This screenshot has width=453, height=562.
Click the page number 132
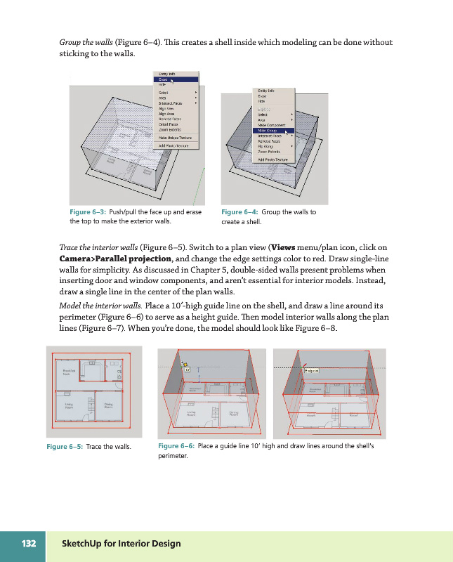(x=29, y=544)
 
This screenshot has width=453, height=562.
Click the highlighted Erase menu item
(x=164, y=79)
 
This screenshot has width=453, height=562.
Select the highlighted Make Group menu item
(x=268, y=130)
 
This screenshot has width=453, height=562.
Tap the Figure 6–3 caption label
(x=88, y=211)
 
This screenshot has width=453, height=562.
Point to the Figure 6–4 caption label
(x=239, y=211)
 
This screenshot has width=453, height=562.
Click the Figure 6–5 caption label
(x=65, y=447)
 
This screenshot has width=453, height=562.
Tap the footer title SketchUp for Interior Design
(x=122, y=544)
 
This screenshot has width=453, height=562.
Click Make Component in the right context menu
(x=273, y=124)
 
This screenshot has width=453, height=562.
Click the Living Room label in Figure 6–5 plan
(x=70, y=406)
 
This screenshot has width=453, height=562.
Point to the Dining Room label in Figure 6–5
(x=110, y=406)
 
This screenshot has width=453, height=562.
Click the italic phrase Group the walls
(x=87, y=43)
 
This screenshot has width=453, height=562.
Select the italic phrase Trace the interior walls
(x=98, y=247)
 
